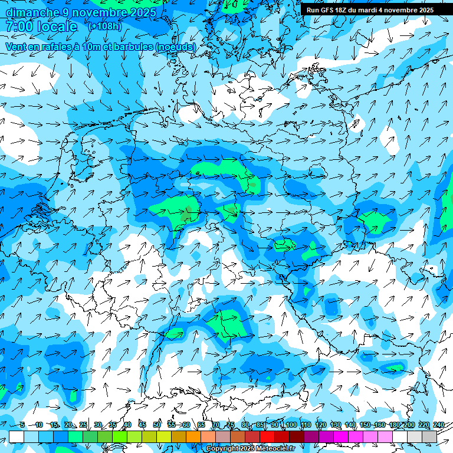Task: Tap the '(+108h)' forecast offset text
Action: [x=104, y=27]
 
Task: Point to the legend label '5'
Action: [x=22, y=425]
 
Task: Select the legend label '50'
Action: [x=157, y=425]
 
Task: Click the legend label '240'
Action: [x=439, y=425]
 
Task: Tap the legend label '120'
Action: [x=320, y=425]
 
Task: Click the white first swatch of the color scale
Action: [x=17, y=436]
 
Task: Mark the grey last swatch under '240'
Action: [x=429, y=436]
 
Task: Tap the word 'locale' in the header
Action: [x=57, y=27]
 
